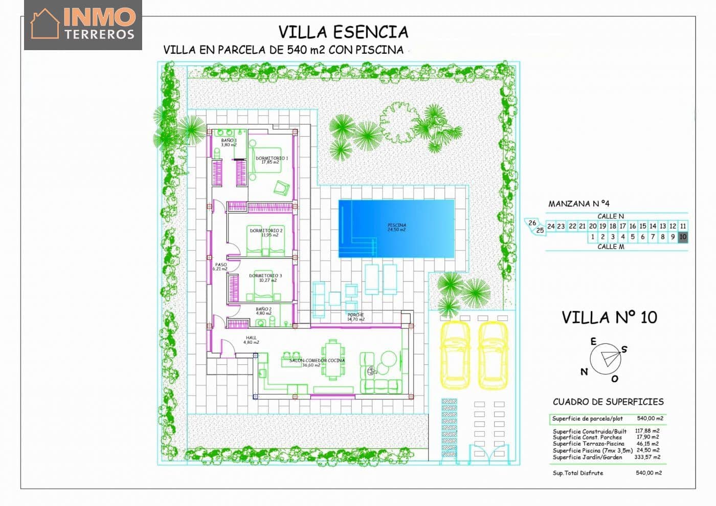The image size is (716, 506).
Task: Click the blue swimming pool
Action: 396,228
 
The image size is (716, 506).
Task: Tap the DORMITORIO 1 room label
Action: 272,159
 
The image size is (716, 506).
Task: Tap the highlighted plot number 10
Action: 683,237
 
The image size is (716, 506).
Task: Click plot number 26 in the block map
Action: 532,223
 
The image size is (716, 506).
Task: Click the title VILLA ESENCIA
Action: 343,32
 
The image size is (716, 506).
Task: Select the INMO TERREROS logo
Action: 83,25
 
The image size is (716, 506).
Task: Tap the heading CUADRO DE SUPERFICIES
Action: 608,402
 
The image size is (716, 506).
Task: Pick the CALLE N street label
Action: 610,216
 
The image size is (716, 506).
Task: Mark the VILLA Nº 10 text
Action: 609,317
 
